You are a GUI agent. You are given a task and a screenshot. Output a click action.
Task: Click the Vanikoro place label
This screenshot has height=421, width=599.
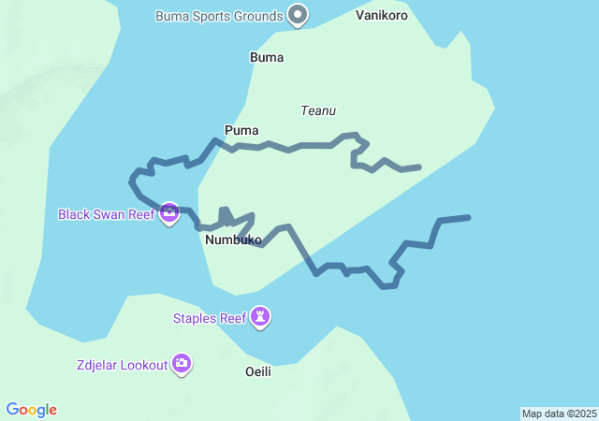[382, 15]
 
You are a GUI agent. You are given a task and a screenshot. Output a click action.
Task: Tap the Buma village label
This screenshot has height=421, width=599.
[267, 57]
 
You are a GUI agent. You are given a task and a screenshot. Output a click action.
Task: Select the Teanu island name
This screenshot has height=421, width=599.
[318, 110]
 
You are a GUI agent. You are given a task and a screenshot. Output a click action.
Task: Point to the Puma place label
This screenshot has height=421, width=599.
[241, 130]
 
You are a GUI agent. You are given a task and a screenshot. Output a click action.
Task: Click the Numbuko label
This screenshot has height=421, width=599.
[233, 240]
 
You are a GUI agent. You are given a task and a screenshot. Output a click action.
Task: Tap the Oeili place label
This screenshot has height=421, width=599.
[257, 371]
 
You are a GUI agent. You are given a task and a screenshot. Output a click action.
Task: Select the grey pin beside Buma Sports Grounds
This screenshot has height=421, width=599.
[298, 14]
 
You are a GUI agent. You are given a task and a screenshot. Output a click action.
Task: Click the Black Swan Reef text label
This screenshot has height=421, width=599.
[106, 214]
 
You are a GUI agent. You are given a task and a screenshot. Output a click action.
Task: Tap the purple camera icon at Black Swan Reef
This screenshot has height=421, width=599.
[169, 213]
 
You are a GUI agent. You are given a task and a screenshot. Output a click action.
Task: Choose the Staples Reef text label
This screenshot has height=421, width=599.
[210, 318]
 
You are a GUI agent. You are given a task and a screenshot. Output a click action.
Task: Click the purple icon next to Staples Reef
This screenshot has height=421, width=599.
[261, 318]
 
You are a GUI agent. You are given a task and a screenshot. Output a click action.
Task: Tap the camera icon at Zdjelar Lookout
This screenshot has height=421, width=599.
[182, 363]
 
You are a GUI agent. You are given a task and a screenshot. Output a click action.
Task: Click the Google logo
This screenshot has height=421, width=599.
[32, 410]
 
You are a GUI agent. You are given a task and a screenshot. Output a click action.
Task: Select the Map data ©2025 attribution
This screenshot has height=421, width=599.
[559, 414]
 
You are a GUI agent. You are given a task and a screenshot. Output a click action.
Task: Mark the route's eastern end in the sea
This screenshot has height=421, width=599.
[468, 217]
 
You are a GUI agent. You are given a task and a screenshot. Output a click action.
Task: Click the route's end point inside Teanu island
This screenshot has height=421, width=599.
[419, 167]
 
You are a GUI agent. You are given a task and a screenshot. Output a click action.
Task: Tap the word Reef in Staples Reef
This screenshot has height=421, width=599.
[232, 318]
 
